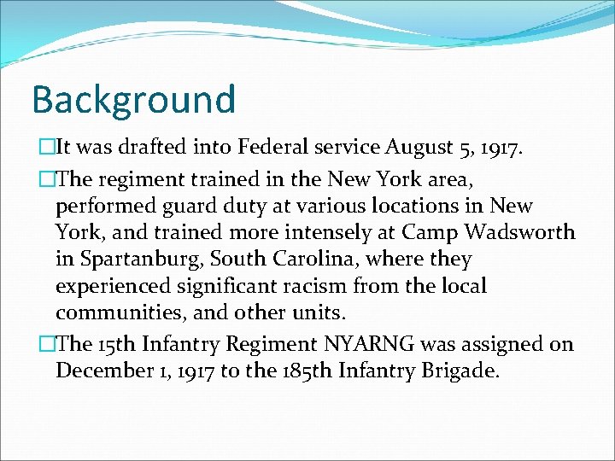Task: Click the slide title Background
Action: tap(132, 99)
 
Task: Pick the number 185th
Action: tap(302, 371)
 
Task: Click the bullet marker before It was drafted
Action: tap(46, 147)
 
